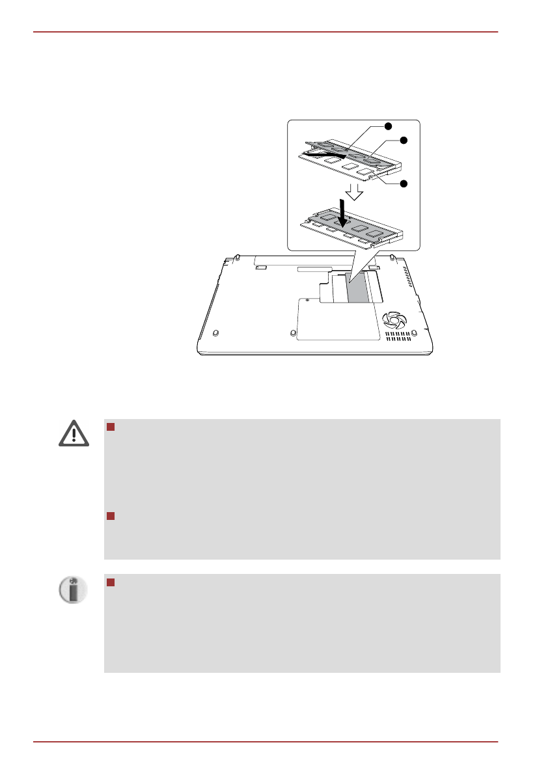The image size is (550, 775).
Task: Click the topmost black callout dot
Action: click(387, 126)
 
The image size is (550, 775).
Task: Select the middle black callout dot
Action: click(403, 141)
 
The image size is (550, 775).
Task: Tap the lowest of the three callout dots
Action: click(403, 184)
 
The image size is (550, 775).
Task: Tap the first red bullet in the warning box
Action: click(110, 427)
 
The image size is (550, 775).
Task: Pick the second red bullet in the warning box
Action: click(110, 516)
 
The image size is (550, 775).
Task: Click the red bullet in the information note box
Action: click(110, 582)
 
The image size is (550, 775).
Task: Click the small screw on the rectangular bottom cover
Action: click(307, 301)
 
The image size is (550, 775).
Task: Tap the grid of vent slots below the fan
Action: click(398, 336)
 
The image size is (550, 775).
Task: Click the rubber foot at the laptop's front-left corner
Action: click(215, 331)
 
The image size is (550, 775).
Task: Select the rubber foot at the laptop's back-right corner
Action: click(392, 256)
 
